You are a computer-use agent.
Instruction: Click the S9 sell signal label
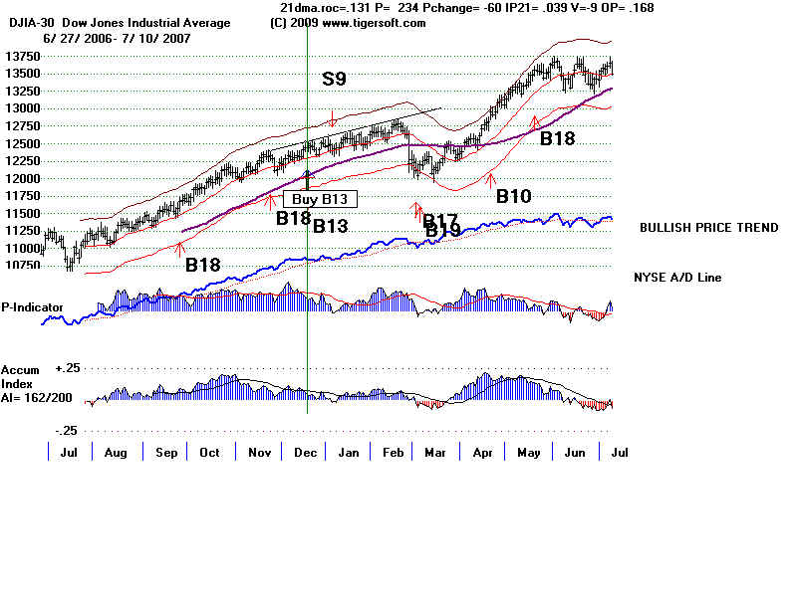(336, 79)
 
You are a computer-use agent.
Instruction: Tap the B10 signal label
(514, 197)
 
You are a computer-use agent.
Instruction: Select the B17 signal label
(440, 220)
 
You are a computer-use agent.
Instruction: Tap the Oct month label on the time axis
(208, 453)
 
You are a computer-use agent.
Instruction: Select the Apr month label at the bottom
(482, 453)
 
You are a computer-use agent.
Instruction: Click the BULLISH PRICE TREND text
(708, 228)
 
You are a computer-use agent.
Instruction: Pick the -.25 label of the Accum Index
(67, 430)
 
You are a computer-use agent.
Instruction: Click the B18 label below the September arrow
(204, 266)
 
